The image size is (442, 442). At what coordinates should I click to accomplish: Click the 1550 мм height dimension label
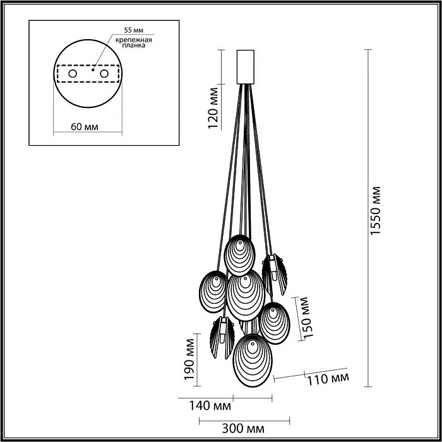[376, 211]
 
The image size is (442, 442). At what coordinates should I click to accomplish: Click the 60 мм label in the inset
[84, 126]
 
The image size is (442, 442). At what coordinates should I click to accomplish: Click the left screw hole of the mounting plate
[72, 75]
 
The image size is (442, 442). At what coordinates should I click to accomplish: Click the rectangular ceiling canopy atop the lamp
[244, 66]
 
